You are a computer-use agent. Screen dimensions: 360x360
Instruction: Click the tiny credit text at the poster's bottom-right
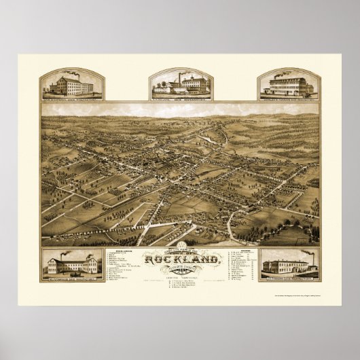click(299, 301)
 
